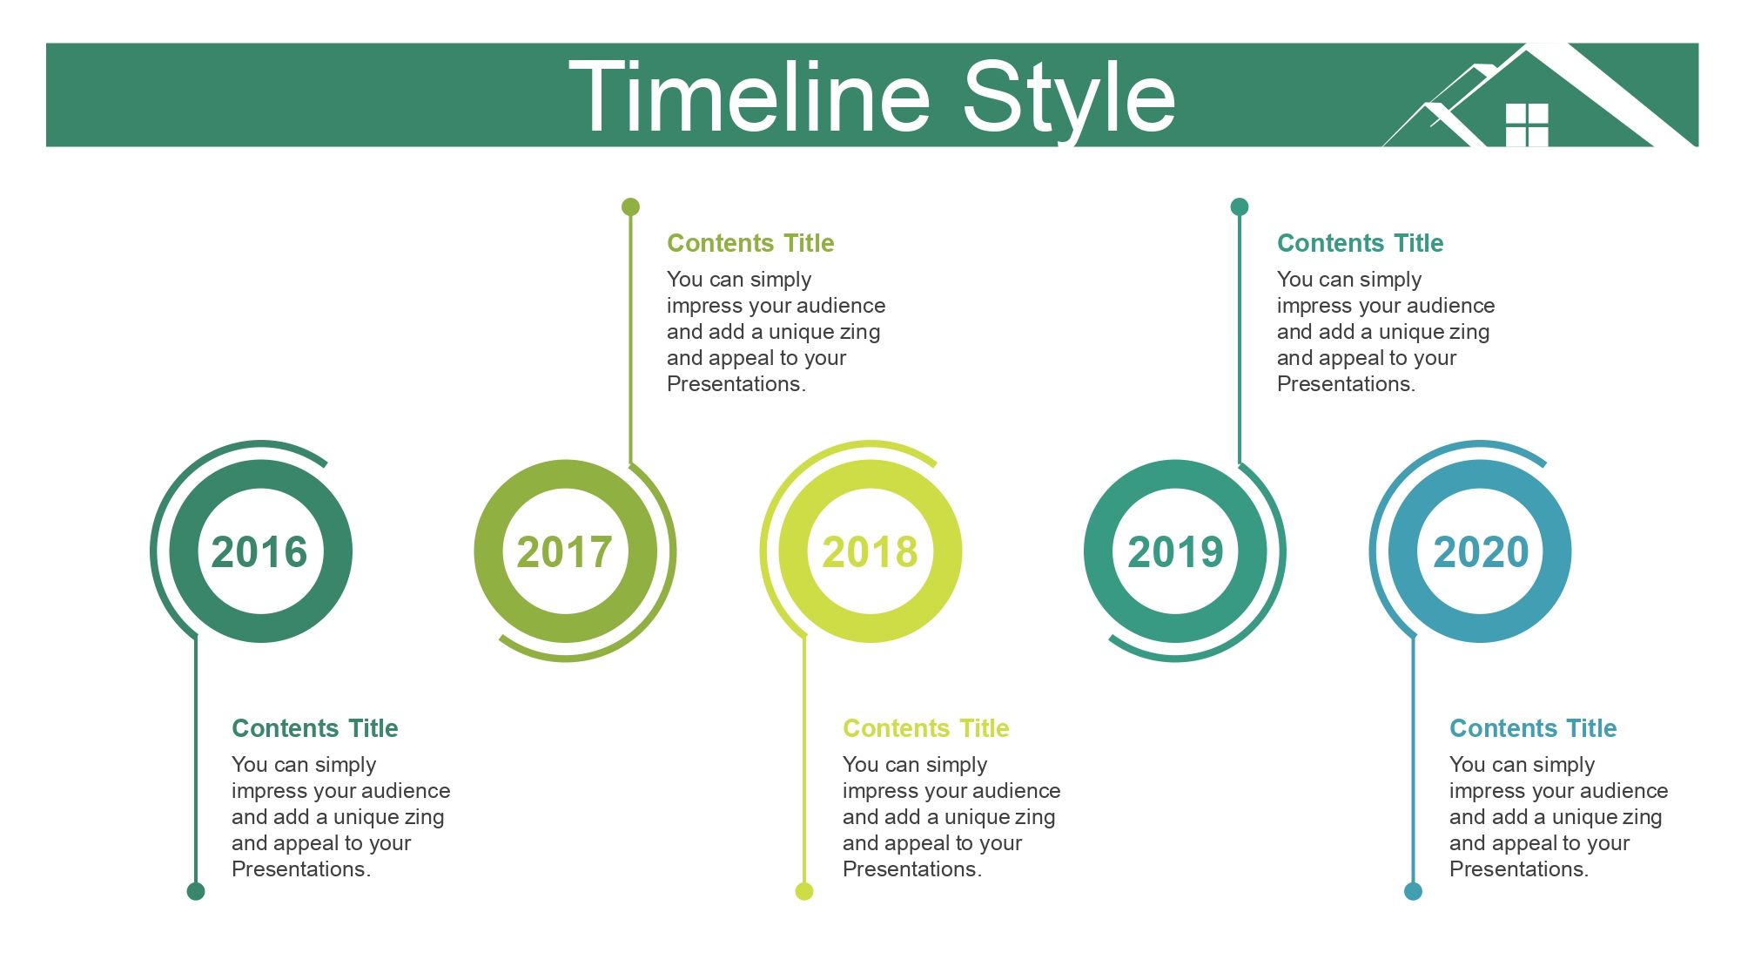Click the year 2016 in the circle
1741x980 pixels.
[x=259, y=552]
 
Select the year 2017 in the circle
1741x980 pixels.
[x=565, y=552]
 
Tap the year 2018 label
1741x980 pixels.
[x=870, y=552]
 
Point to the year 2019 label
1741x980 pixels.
[x=1176, y=552]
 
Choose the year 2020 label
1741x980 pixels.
[x=1481, y=552]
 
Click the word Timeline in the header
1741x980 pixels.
[x=750, y=97]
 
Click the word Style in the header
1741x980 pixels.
[x=1069, y=101]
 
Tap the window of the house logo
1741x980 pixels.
[x=1527, y=125]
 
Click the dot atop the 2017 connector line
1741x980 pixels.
[x=630, y=206]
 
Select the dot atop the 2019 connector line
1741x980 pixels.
[x=1240, y=206]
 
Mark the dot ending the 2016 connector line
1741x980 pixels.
[x=196, y=890]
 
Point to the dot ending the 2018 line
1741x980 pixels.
[x=804, y=890]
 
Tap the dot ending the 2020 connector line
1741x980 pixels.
[x=1413, y=890]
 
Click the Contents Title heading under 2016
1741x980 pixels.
[x=315, y=728]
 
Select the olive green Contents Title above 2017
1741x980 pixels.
[x=750, y=243]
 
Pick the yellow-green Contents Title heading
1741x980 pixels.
[x=926, y=728]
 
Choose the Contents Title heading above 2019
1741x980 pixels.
[x=1360, y=243]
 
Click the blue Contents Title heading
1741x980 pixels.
[x=1533, y=728]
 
